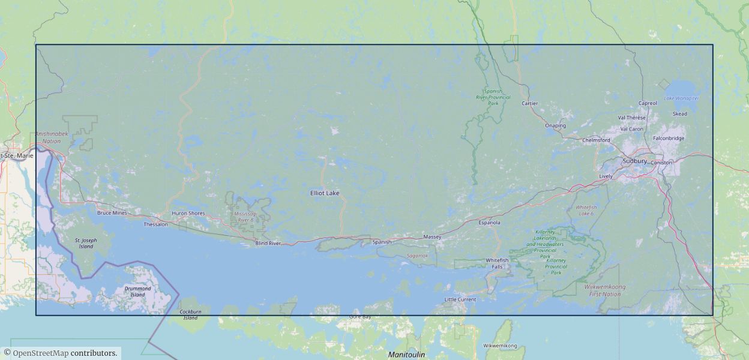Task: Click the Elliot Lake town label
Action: click(x=325, y=193)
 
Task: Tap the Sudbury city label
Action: click(x=634, y=161)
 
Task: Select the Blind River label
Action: click(x=268, y=243)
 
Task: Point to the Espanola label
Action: click(x=489, y=223)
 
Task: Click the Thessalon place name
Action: click(x=155, y=224)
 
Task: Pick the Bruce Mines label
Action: click(x=112, y=213)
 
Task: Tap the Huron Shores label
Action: click(x=188, y=214)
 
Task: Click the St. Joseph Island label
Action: click(x=86, y=243)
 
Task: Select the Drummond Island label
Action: click(x=137, y=292)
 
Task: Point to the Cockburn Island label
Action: click(x=190, y=314)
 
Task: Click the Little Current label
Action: click(x=460, y=299)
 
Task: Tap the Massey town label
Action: click(x=432, y=237)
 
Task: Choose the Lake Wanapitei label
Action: click(x=681, y=98)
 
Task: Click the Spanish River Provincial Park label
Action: click(x=493, y=97)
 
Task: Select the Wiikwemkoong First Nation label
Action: click(x=604, y=290)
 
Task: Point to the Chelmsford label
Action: click(x=596, y=140)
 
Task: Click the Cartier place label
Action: click(x=529, y=103)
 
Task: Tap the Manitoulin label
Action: click(x=406, y=355)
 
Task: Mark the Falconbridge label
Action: click(x=668, y=138)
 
